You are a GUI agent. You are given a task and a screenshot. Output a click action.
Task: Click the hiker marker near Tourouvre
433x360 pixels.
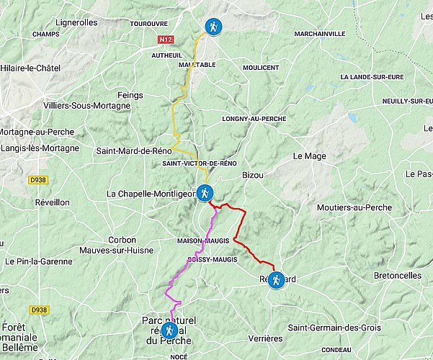click(x=213, y=27)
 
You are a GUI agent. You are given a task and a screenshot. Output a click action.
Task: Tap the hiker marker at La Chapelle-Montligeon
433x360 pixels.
click(x=205, y=193)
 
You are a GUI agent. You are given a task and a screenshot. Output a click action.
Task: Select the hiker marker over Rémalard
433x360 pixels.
click(x=275, y=282)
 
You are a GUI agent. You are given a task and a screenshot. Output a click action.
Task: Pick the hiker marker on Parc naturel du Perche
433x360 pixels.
click(x=169, y=330)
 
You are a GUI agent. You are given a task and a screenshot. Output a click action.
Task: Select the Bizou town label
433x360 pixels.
click(x=254, y=174)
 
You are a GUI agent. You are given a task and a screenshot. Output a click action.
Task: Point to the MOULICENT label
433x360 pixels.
click(x=261, y=67)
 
